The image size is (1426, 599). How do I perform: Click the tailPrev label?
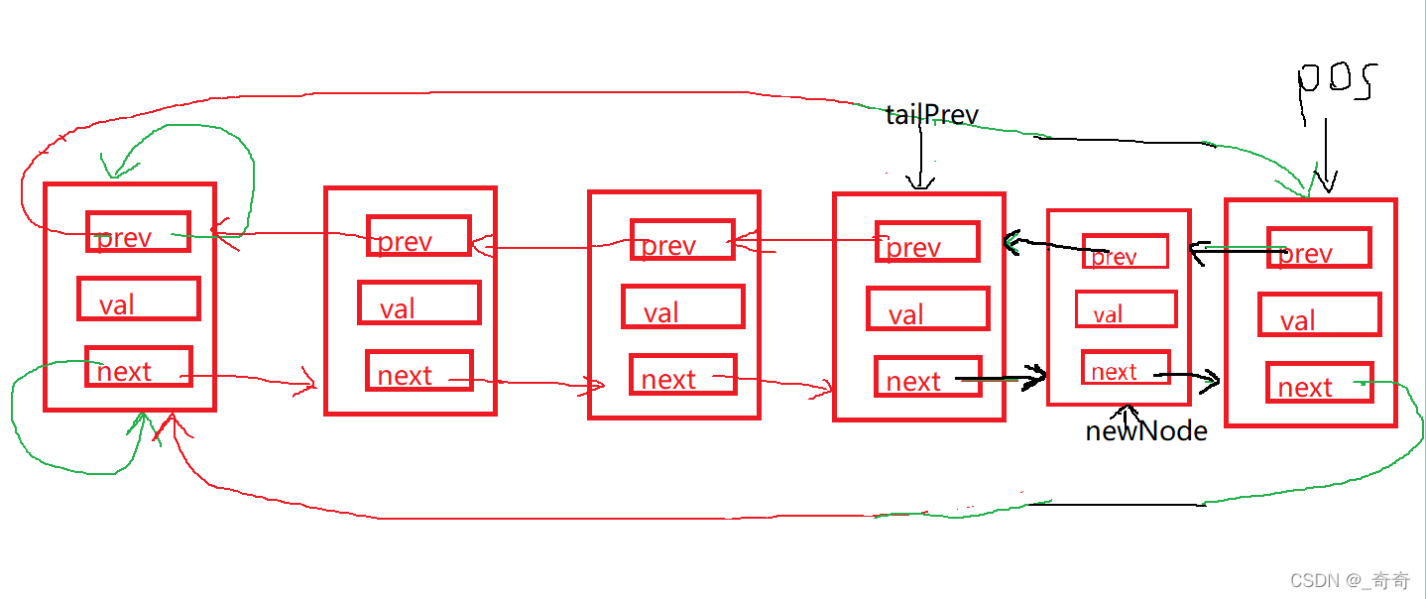pos(932,115)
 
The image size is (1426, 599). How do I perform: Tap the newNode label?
pos(1146,431)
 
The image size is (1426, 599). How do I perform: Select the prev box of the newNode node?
pos(1125,252)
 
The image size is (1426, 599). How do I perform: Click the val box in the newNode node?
pos(1127,309)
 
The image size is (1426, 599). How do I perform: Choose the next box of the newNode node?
pos(1126,368)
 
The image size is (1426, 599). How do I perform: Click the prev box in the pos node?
pos(1319,248)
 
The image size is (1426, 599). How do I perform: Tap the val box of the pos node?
pos(1319,314)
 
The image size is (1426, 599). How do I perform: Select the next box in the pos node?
pos(1319,382)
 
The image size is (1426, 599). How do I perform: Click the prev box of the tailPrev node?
pos(927,241)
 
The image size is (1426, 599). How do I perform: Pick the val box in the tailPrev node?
pos(927,308)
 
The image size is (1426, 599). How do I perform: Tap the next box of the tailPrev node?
pos(927,377)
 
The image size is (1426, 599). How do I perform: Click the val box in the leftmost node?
pos(138,298)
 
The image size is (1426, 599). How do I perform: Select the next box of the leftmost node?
pos(138,366)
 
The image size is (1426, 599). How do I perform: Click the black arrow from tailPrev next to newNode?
pos(1002,378)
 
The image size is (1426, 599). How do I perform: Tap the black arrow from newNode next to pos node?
pos(1187,376)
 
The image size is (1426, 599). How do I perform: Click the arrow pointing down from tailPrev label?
pos(921,159)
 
